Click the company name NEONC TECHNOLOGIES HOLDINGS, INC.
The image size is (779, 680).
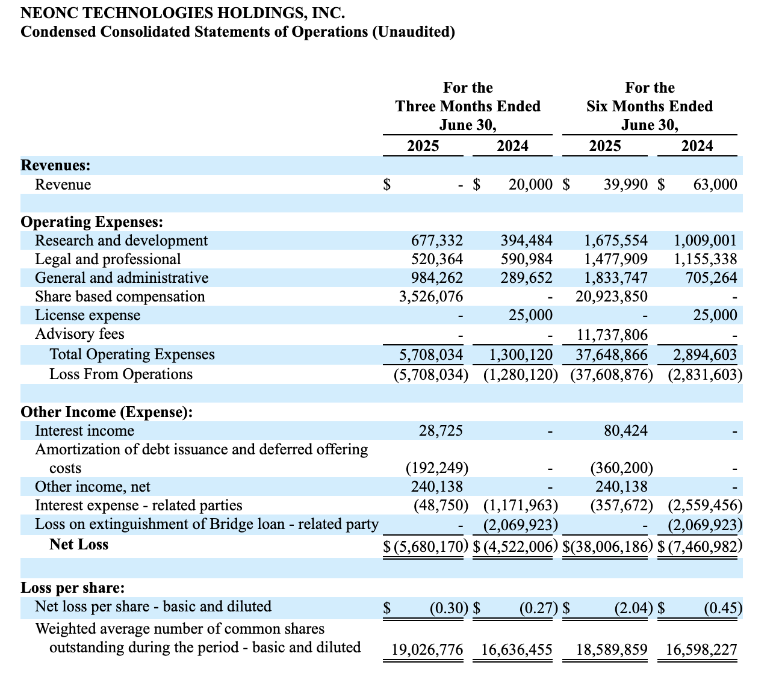pyautogui.click(x=183, y=12)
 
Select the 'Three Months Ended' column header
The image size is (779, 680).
pyautogui.click(x=468, y=107)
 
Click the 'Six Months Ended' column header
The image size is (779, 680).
pyautogui.click(x=650, y=107)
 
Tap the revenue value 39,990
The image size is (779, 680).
pyautogui.click(x=625, y=185)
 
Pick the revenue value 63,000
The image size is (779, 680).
pyautogui.click(x=715, y=185)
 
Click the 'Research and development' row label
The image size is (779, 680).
pyautogui.click(x=121, y=241)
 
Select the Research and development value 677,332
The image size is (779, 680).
pyautogui.click(x=437, y=241)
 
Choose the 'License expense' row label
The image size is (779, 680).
pyautogui.click(x=87, y=315)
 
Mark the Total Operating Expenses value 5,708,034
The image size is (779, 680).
pyautogui.click(x=432, y=354)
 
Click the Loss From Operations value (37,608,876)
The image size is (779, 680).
pyautogui.click(x=611, y=374)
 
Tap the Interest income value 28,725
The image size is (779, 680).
pyautogui.click(x=441, y=431)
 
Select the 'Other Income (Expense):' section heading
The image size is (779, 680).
pyautogui.click(x=107, y=412)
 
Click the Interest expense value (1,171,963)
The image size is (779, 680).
pyautogui.click(x=520, y=505)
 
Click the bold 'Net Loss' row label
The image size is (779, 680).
pyautogui.click(x=79, y=545)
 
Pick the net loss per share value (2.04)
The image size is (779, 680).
pyautogui.click(x=633, y=608)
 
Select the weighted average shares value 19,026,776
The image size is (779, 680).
pyautogui.click(x=427, y=650)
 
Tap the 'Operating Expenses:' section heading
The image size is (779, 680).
pyautogui.click(x=92, y=222)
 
